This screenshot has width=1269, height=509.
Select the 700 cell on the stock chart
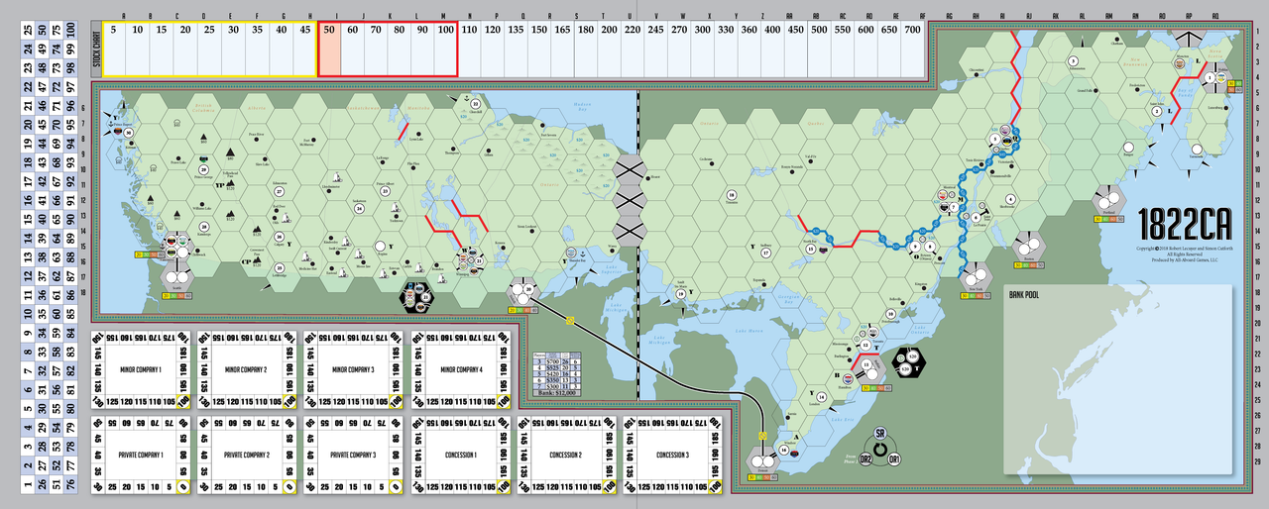[912, 30]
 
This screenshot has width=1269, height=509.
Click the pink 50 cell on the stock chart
[328, 30]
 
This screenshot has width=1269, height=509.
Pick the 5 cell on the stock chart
[114, 30]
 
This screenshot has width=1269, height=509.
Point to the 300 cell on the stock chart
[703, 30]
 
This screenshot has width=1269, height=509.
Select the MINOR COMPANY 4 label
[459, 370]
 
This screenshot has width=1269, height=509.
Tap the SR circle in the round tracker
[879, 435]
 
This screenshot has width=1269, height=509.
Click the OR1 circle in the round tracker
[894, 459]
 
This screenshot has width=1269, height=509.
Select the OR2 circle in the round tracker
[865, 459]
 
